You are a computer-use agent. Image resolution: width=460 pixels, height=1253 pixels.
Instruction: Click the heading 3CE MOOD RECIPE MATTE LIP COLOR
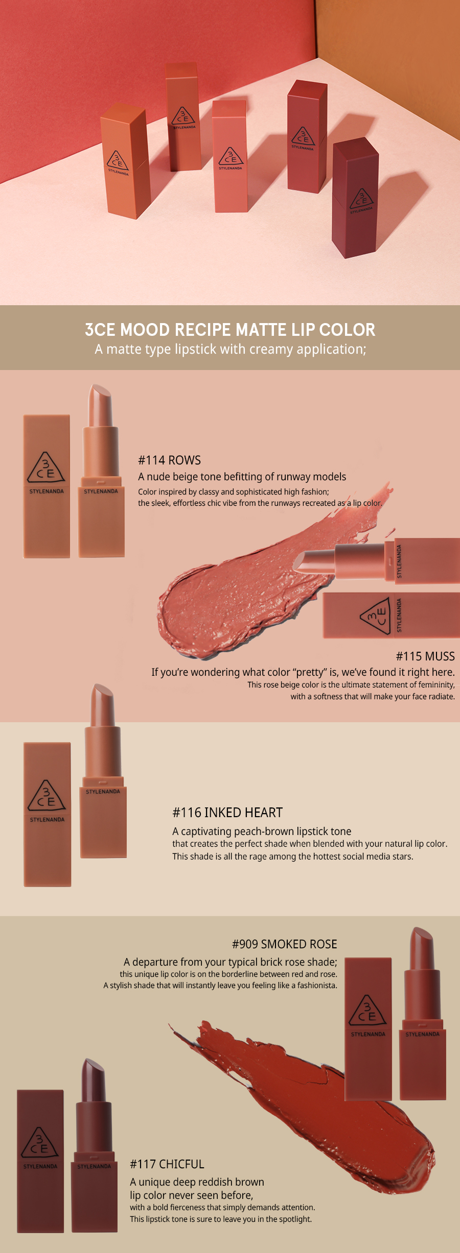point(230,330)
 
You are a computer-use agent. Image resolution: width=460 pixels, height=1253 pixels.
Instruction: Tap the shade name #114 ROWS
point(169,460)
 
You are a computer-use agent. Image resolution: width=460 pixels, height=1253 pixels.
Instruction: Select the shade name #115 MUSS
point(425,656)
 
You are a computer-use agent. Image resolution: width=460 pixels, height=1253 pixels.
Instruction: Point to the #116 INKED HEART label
point(227,813)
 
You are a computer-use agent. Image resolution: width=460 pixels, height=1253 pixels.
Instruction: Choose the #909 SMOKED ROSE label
point(285,944)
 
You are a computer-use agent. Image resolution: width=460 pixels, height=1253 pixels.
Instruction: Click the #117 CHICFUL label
point(167,1164)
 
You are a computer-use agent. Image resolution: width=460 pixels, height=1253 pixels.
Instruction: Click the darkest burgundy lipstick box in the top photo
point(355,198)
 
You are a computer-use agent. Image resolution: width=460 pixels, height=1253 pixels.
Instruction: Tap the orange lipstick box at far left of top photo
point(125,161)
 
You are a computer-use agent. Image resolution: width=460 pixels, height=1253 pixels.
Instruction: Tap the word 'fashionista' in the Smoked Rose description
point(317,985)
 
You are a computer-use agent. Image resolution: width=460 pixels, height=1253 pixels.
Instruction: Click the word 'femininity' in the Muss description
point(436,685)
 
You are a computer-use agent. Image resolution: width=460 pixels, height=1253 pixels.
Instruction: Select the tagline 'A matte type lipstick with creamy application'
point(231,350)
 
